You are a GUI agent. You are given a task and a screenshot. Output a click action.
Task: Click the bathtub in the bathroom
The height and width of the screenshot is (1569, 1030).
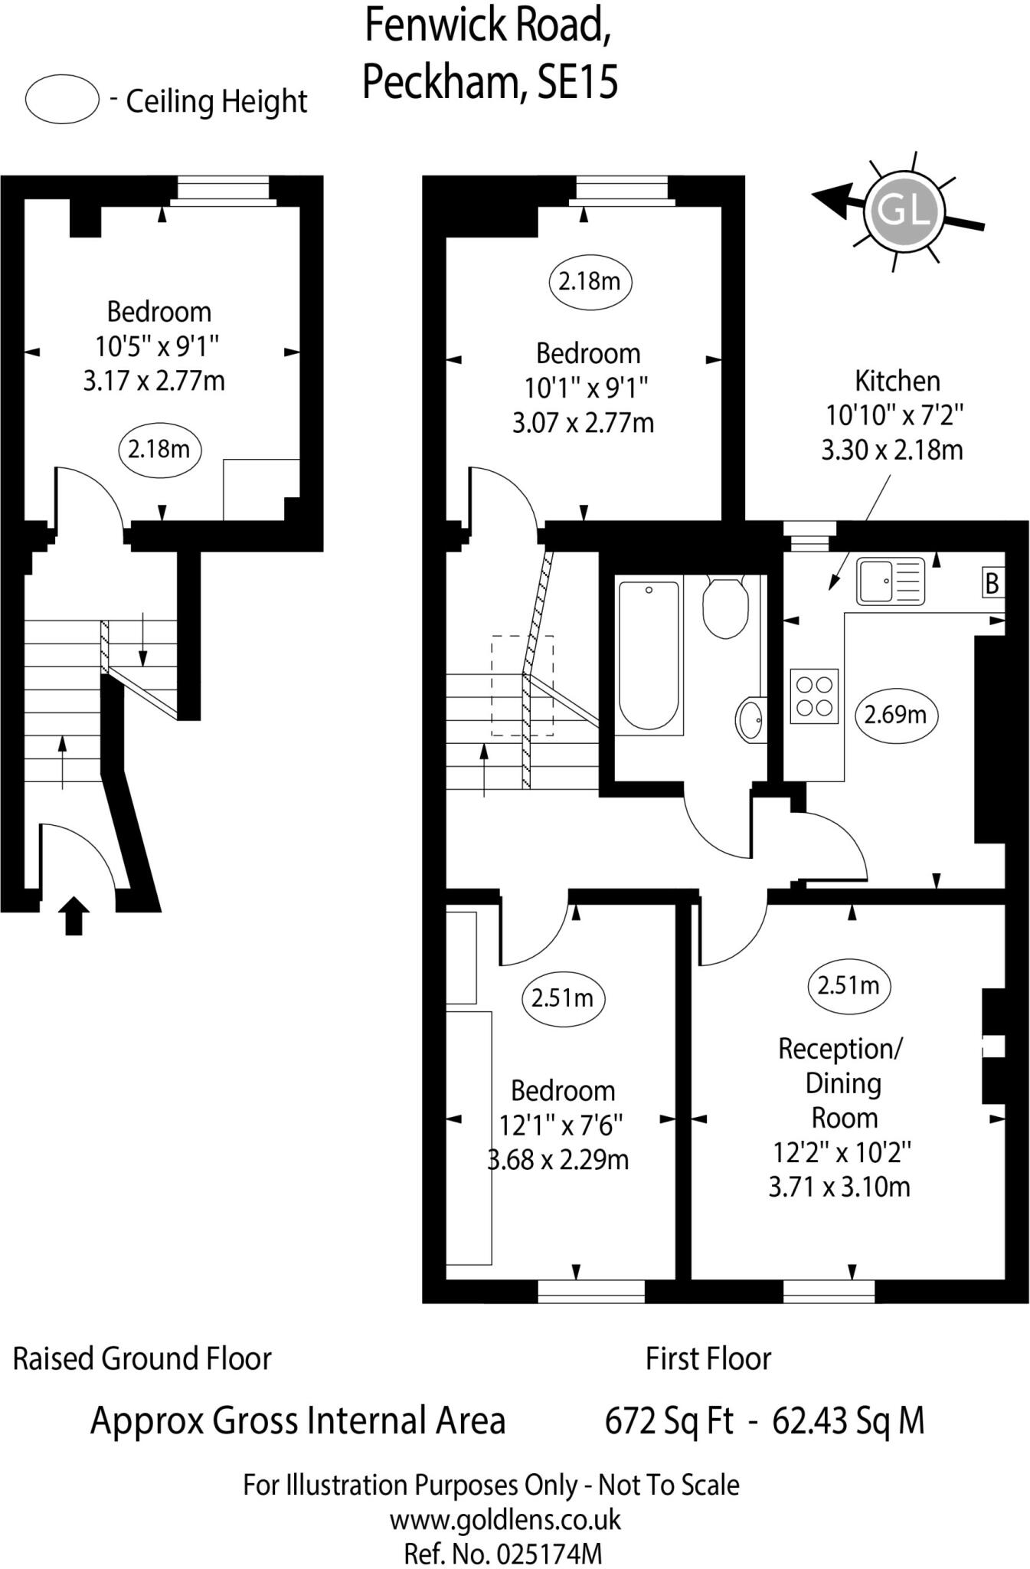[648, 655]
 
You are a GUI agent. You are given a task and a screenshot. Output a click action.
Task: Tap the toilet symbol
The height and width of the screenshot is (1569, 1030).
[725, 608]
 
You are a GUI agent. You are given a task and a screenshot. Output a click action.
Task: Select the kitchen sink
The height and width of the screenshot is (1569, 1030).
[891, 581]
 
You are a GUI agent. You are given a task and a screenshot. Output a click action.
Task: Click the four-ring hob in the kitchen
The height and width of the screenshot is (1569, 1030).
[814, 696]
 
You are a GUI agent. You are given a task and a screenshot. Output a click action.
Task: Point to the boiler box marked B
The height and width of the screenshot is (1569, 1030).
[992, 584]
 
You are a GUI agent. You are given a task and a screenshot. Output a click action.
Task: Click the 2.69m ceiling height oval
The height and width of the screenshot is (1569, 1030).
[895, 716]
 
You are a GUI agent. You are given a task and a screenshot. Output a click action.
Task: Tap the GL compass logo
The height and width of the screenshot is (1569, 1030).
[904, 209]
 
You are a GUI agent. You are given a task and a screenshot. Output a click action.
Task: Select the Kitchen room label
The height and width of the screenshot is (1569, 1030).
[897, 380]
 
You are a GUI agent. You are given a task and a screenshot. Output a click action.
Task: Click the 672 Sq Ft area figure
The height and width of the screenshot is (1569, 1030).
[669, 1421]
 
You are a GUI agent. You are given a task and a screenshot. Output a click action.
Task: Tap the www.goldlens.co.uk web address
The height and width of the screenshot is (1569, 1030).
[505, 1519]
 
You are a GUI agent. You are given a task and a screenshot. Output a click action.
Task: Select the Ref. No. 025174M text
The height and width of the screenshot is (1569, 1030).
[503, 1553]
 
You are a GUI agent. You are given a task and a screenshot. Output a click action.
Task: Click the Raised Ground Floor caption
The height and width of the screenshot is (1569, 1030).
[142, 1358]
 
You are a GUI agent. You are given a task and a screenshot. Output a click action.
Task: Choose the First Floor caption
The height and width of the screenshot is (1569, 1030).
[708, 1358]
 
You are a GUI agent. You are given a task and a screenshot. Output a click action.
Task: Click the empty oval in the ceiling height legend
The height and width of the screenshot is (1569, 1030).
[62, 100]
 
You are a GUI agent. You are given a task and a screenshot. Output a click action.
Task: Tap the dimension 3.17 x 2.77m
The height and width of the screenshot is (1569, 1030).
[154, 381]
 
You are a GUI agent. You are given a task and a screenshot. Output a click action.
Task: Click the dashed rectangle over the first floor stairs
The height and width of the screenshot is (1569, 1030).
[522, 685]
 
